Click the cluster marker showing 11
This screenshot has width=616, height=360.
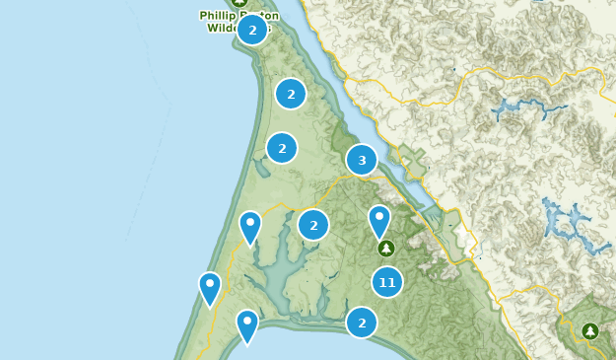point(387,282)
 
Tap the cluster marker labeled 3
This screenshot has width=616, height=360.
point(362,160)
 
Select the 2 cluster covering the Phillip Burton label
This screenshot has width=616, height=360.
point(252,30)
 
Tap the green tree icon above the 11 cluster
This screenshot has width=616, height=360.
point(385,248)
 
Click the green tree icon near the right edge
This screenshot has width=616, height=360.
point(590,331)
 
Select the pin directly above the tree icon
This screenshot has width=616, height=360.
point(379,220)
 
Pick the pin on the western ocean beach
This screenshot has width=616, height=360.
point(210,287)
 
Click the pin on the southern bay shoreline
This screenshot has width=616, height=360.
point(246,324)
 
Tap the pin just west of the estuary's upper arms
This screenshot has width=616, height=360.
point(250,226)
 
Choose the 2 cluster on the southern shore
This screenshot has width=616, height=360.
point(362,322)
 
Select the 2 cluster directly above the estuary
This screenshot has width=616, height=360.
point(313,225)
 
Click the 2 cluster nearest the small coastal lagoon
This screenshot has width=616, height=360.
point(282,149)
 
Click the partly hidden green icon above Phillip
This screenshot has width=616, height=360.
point(240,3)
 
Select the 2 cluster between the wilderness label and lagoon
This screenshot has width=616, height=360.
point(290,94)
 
